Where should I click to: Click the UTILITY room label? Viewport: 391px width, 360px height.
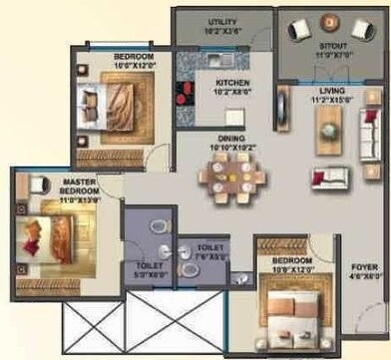click(x=222, y=21)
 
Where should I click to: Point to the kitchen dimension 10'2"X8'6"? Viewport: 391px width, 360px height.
click(x=232, y=94)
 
